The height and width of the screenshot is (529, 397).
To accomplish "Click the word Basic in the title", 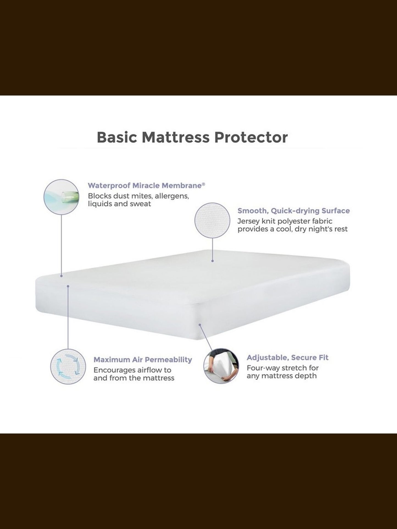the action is click(x=117, y=138).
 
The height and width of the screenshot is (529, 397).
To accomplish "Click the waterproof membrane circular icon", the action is click(x=62, y=197).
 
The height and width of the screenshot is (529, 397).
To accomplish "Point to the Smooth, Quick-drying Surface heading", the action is click(x=294, y=211).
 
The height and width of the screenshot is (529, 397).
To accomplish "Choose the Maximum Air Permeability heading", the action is click(x=143, y=360).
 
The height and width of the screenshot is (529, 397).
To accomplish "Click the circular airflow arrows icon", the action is click(x=68, y=366).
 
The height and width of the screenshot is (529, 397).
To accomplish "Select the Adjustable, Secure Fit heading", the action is click(x=288, y=358).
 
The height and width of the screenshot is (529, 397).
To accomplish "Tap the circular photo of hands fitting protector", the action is click(x=221, y=366).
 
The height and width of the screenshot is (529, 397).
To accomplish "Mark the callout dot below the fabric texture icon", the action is click(x=212, y=261).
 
